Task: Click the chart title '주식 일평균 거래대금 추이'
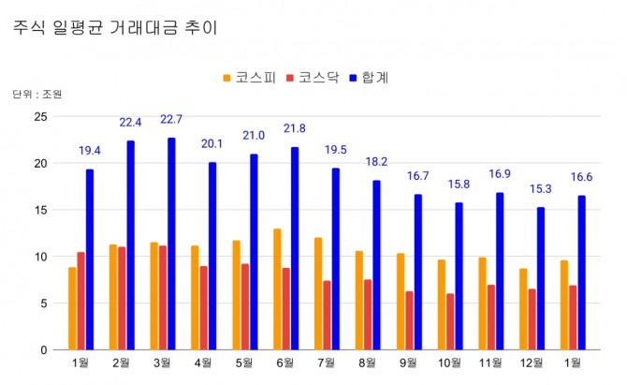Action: tap(115, 27)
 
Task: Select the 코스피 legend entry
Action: tap(249, 77)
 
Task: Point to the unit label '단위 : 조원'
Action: tap(37, 95)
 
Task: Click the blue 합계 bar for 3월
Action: tap(172, 244)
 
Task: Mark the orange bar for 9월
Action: tap(400, 301)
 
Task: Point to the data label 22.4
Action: tap(130, 123)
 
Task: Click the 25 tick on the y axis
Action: tap(39, 116)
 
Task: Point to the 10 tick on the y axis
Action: tap(39, 256)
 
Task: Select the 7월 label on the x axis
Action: tap(327, 363)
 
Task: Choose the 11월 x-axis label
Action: tap(490, 363)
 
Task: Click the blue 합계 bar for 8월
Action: tap(376, 264)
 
